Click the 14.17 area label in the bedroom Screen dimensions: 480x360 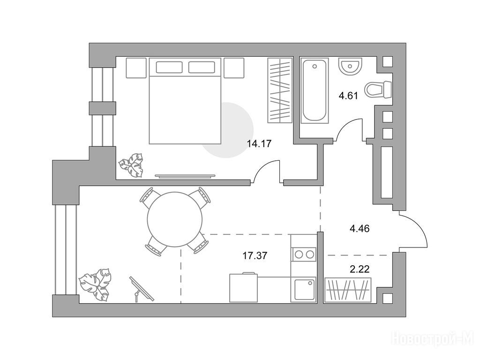(259, 143)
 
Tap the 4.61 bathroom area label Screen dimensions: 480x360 (348, 96)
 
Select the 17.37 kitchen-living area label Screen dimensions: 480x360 (255, 255)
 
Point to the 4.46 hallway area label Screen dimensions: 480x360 (360, 228)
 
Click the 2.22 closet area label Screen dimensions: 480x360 (360, 270)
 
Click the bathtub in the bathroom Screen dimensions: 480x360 (314, 90)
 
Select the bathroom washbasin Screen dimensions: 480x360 (350, 66)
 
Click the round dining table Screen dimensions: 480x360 (175, 219)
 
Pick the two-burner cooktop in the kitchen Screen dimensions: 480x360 (304, 254)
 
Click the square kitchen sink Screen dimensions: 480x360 (304, 290)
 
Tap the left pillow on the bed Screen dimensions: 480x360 (169, 67)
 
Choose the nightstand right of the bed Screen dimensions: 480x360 (234, 67)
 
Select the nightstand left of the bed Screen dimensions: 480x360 (136, 67)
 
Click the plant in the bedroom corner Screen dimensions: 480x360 (131, 165)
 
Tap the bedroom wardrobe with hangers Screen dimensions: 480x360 (280, 90)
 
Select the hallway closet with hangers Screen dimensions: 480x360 (348, 290)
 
